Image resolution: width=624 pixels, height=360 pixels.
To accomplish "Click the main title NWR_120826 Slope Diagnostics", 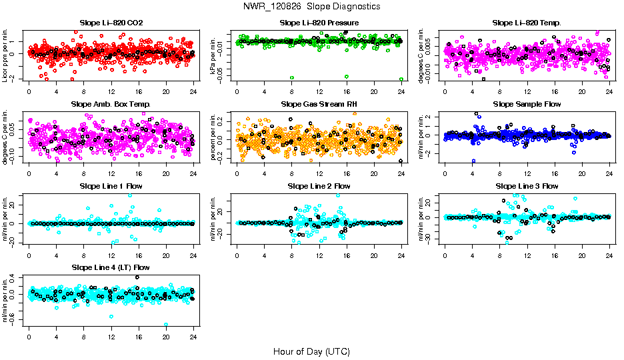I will pyautogui.click(x=311, y=6).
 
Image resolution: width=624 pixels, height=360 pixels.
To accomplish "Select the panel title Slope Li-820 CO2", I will pyautogui.click(x=111, y=23).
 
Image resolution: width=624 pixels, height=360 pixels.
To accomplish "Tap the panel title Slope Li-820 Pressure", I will pyautogui.click(x=319, y=23).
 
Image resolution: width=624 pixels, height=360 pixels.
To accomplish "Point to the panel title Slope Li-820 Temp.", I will pyautogui.click(x=527, y=23).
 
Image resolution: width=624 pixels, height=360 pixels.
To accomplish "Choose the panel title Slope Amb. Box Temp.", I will pyautogui.click(x=111, y=105).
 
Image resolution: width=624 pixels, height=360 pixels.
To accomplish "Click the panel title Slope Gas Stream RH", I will pyautogui.click(x=319, y=105).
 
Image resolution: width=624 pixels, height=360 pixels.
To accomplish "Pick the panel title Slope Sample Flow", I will pyautogui.click(x=527, y=105).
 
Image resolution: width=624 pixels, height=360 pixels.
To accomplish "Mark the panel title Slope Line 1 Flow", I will pyautogui.click(x=111, y=186).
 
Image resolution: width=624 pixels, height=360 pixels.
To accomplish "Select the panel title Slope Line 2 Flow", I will pyautogui.click(x=319, y=186).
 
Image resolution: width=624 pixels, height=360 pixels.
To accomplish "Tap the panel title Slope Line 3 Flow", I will pyautogui.click(x=527, y=186).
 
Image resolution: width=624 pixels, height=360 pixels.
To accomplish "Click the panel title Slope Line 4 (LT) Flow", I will pyautogui.click(x=111, y=267).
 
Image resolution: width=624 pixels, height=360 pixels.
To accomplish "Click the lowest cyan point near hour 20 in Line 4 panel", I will pyautogui.click(x=166, y=325).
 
